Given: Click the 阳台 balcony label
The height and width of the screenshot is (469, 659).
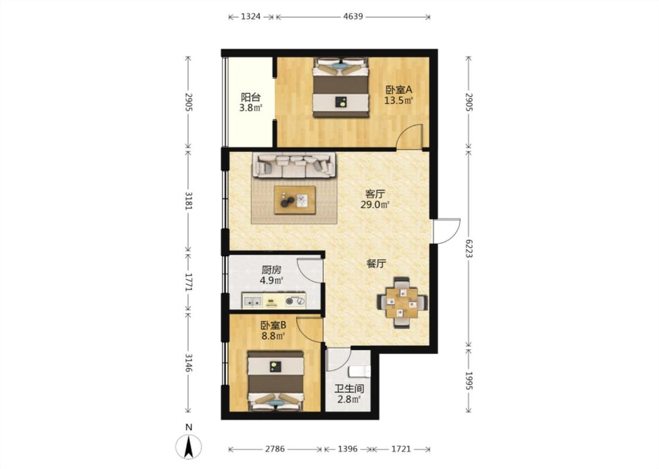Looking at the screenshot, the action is coord(251,97).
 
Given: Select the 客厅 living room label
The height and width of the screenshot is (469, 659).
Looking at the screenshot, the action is coord(375,194).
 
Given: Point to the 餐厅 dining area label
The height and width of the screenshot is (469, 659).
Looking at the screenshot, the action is coord(376,264).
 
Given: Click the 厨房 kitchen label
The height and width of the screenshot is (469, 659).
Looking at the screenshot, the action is coord(271,270).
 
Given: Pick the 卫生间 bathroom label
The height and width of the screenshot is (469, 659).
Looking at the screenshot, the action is coord(349,389).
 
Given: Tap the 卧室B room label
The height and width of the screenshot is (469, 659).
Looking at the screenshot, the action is coord(273,325).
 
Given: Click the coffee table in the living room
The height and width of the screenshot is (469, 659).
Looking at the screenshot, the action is coord(295,200).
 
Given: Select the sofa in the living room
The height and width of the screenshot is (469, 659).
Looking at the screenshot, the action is coord(294,165).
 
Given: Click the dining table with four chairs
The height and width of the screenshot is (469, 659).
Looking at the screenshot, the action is coord(402,302).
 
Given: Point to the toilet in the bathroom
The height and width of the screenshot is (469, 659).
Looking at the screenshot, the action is coord(360,372).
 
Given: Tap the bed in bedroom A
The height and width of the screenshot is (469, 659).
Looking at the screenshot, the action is coord(341,87).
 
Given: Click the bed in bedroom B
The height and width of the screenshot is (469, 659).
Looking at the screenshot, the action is coord(276,380).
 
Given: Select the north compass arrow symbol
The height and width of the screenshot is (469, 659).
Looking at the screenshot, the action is coord(189,446).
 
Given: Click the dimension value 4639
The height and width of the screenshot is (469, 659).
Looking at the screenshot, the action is coord(353,17).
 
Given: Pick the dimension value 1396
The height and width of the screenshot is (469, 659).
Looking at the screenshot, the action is coord(347,449).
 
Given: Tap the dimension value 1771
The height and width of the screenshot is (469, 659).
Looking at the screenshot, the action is coord(188,283).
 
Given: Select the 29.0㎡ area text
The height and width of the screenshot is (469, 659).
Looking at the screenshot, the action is coord(375,205).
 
